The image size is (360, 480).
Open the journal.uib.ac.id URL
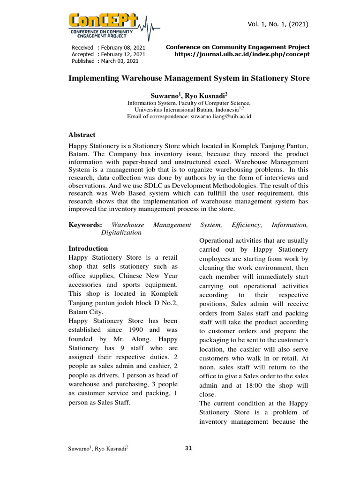tap(242, 54)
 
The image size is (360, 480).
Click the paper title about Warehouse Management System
tap(189, 78)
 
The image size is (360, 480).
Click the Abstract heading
tap(82, 135)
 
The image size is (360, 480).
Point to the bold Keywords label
tap(85, 225)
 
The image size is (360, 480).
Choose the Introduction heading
tap(88, 248)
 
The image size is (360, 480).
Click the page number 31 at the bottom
tap(188, 448)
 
